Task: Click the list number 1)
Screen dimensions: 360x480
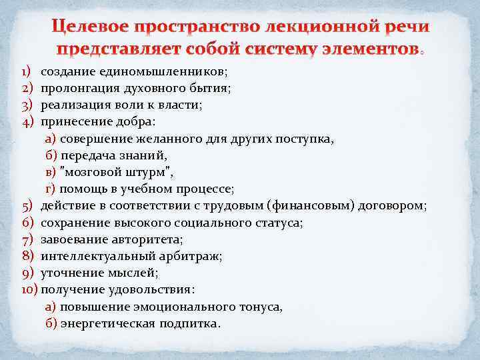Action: pyautogui.click(x=26, y=71)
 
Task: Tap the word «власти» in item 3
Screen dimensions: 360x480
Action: pyautogui.click(x=182, y=104)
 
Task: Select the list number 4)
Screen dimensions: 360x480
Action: pyautogui.click(x=27, y=121)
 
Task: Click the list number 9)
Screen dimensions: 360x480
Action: pyautogui.click(x=27, y=273)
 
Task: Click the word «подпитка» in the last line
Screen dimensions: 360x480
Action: pyautogui.click(x=191, y=323)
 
